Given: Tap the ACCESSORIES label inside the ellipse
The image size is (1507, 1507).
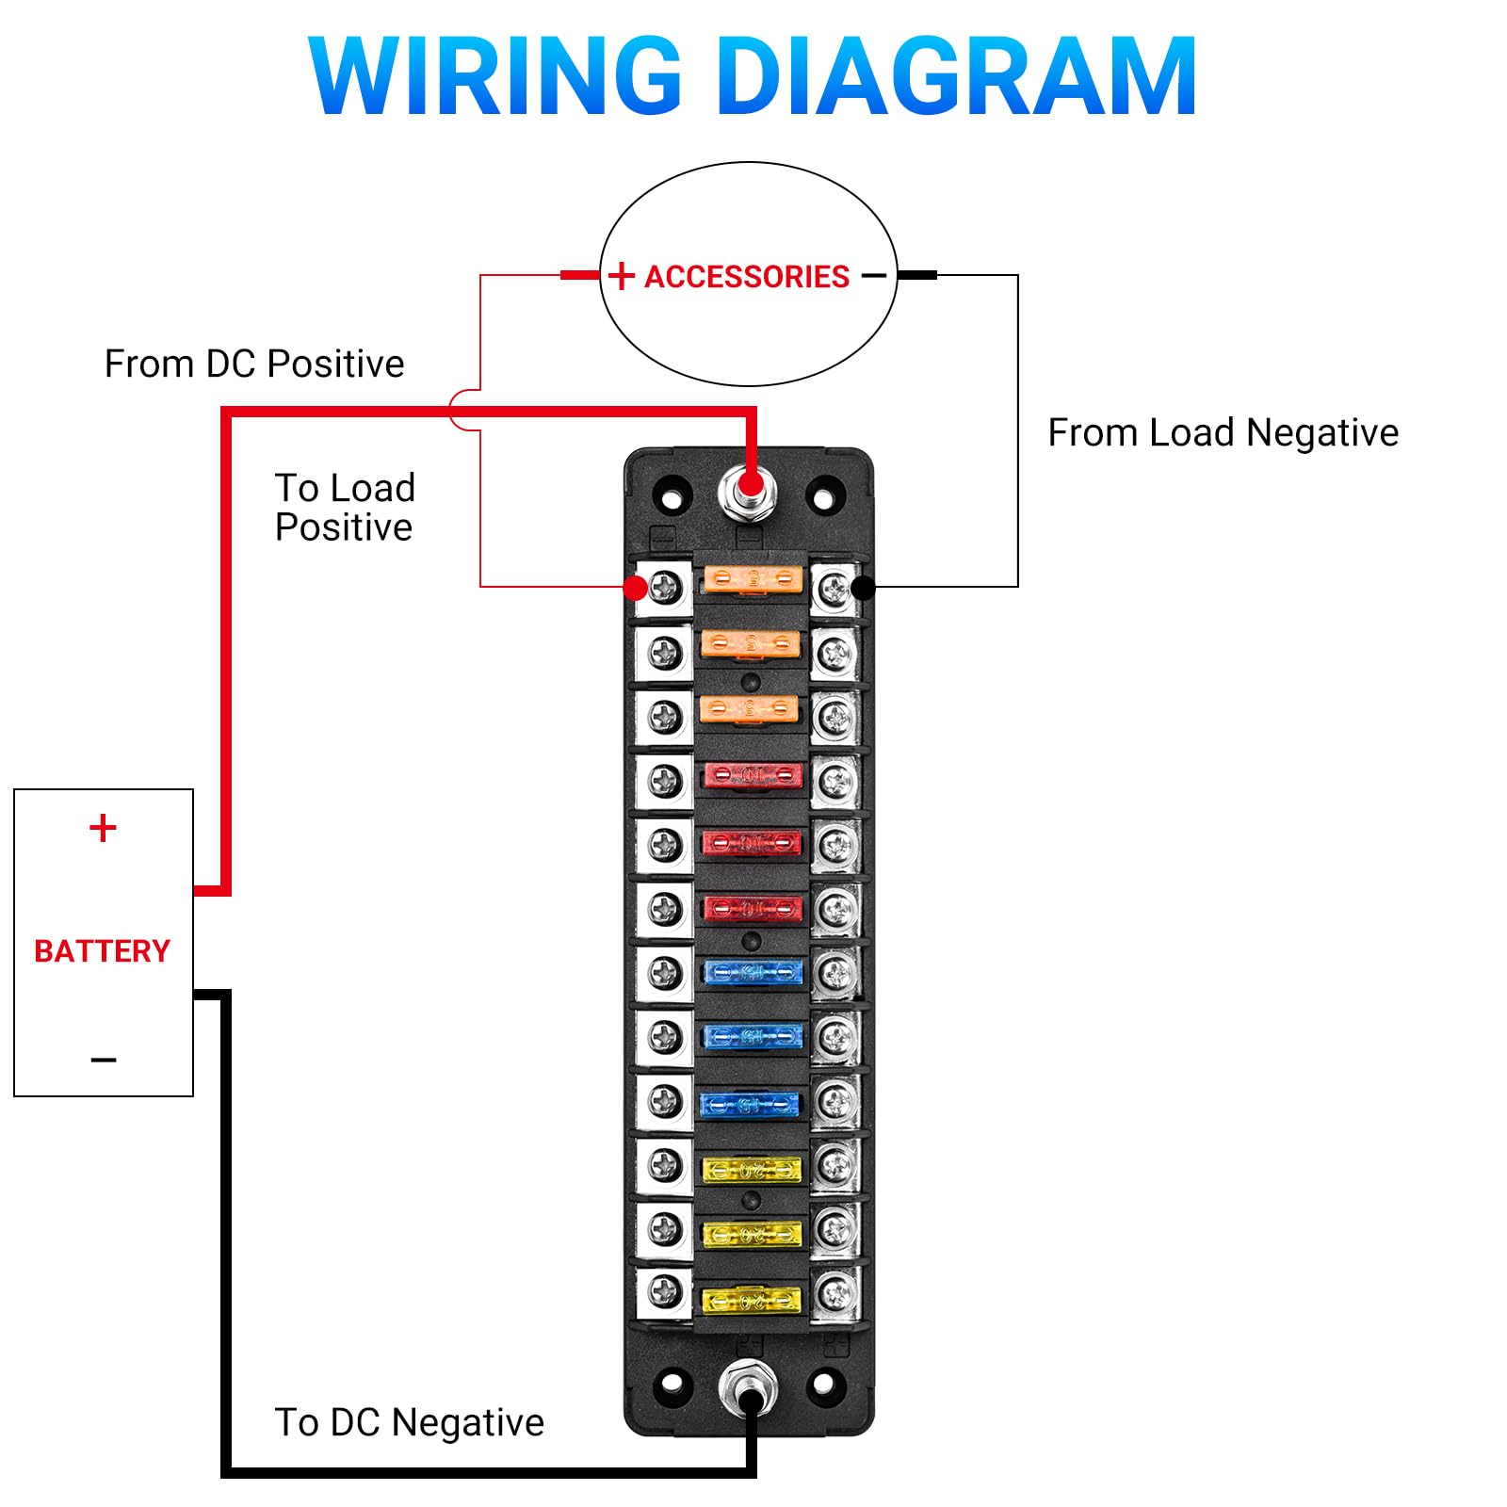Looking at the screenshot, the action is (x=747, y=276).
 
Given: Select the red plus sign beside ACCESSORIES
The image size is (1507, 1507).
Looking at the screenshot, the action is (x=621, y=276).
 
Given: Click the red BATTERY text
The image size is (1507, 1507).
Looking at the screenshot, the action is (x=102, y=950).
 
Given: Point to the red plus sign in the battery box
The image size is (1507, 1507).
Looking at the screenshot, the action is (x=103, y=828).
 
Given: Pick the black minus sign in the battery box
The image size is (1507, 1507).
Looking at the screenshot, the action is (x=104, y=1060).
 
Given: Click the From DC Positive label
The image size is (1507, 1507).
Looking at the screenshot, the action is (x=254, y=364).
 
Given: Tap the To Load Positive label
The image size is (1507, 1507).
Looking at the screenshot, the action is (x=345, y=508).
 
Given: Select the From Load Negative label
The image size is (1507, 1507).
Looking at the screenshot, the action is (x=1223, y=432).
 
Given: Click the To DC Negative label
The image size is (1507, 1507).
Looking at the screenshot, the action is (x=410, y=1422).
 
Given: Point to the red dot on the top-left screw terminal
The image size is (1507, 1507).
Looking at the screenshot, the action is (x=636, y=588).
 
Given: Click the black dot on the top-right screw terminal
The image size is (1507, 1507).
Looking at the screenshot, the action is (x=863, y=588).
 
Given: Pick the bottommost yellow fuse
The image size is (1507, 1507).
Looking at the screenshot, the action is (x=752, y=1301).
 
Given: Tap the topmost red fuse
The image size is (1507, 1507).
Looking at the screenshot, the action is (x=753, y=775).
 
